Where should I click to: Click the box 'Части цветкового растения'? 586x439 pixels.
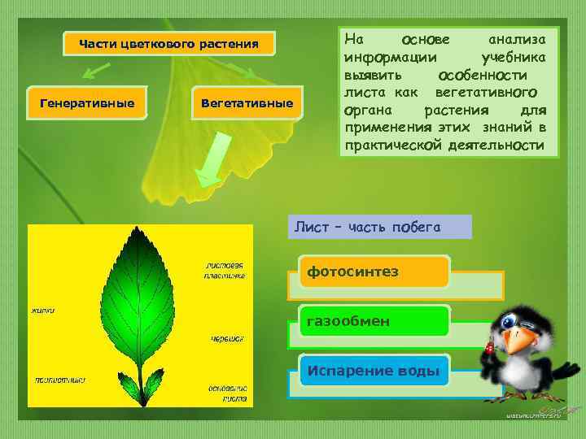pyautogui.click(x=168, y=44)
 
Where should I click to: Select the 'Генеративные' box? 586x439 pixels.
pyautogui.click(x=87, y=103)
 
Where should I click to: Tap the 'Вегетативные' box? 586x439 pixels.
pyautogui.click(x=247, y=103)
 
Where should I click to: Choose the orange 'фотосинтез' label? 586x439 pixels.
pyautogui.click(x=374, y=272)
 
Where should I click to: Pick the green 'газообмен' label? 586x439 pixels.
pyautogui.click(x=374, y=321)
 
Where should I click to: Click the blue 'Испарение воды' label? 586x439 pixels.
pyautogui.click(x=374, y=372)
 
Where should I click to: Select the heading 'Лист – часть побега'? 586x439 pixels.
pyautogui.click(x=380, y=227)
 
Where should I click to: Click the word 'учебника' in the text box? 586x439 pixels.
pyautogui.click(x=514, y=57)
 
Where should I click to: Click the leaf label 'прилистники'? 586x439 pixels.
pyautogui.click(x=59, y=379)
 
